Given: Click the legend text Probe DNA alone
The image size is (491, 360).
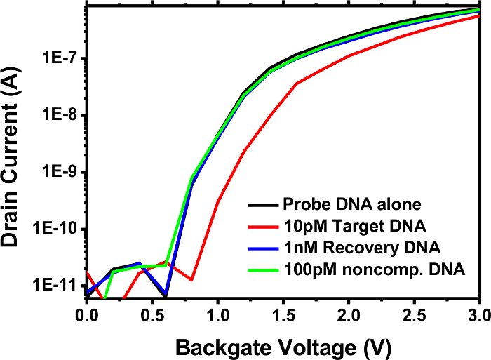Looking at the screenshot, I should (351, 205).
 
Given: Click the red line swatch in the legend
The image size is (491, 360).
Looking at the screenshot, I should (262, 227).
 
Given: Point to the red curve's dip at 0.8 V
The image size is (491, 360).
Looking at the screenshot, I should (191, 280).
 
